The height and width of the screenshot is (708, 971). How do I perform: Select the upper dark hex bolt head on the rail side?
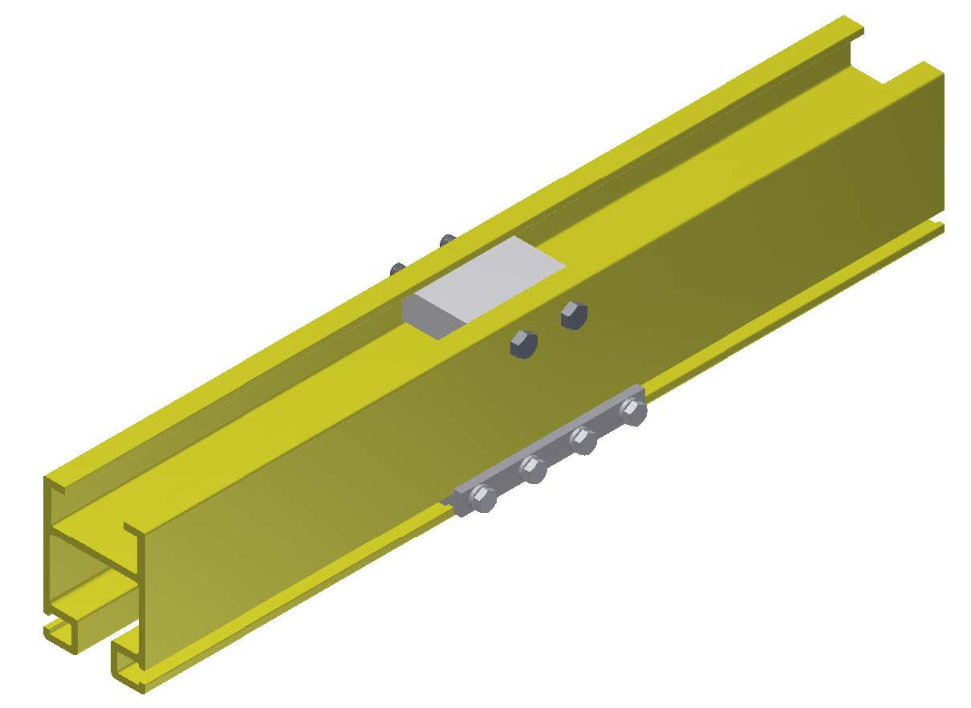click(571, 314)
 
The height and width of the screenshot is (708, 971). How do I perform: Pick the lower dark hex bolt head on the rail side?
click(522, 343)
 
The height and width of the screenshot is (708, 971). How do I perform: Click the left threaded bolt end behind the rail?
click(396, 270)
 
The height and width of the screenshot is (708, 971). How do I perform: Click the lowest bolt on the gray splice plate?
click(482, 498)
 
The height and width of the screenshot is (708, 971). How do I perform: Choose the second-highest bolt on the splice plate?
click(582, 440)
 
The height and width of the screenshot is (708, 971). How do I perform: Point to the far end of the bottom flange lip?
click(939, 228)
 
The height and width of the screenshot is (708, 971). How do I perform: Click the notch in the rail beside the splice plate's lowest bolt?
click(446, 503)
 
